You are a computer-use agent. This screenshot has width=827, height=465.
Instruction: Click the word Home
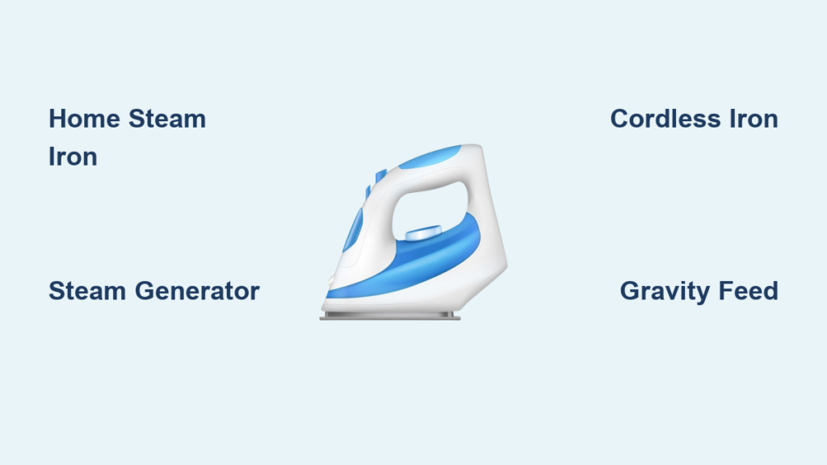click(84, 119)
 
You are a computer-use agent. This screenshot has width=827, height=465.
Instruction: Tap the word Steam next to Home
click(167, 119)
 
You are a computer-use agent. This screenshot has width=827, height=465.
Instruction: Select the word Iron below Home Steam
click(73, 157)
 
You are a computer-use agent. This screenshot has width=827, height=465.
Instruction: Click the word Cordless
click(665, 119)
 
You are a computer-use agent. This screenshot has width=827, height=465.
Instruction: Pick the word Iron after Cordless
click(754, 119)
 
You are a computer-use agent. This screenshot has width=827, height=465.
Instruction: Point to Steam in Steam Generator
click(87, 291)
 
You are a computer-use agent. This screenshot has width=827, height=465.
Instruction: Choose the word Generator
click(197, 291)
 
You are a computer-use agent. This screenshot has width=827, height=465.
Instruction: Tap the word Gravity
click(665, 291)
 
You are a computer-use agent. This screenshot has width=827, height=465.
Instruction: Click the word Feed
click(749, 291)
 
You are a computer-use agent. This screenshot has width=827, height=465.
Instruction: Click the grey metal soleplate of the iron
click(390, 316)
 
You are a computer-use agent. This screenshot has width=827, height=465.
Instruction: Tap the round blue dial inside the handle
click(423, 232)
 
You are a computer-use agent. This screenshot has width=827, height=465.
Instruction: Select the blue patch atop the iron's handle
click(430, 157)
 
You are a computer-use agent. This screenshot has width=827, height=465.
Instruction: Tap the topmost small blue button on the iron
click(381, 175)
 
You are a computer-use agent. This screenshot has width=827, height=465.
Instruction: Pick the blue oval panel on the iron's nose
click(353, 230)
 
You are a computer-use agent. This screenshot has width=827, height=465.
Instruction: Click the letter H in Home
click(57, 119)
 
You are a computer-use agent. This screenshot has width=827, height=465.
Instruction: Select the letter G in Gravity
click(630, 291)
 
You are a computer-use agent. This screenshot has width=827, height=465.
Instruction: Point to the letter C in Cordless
click(620, 119)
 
